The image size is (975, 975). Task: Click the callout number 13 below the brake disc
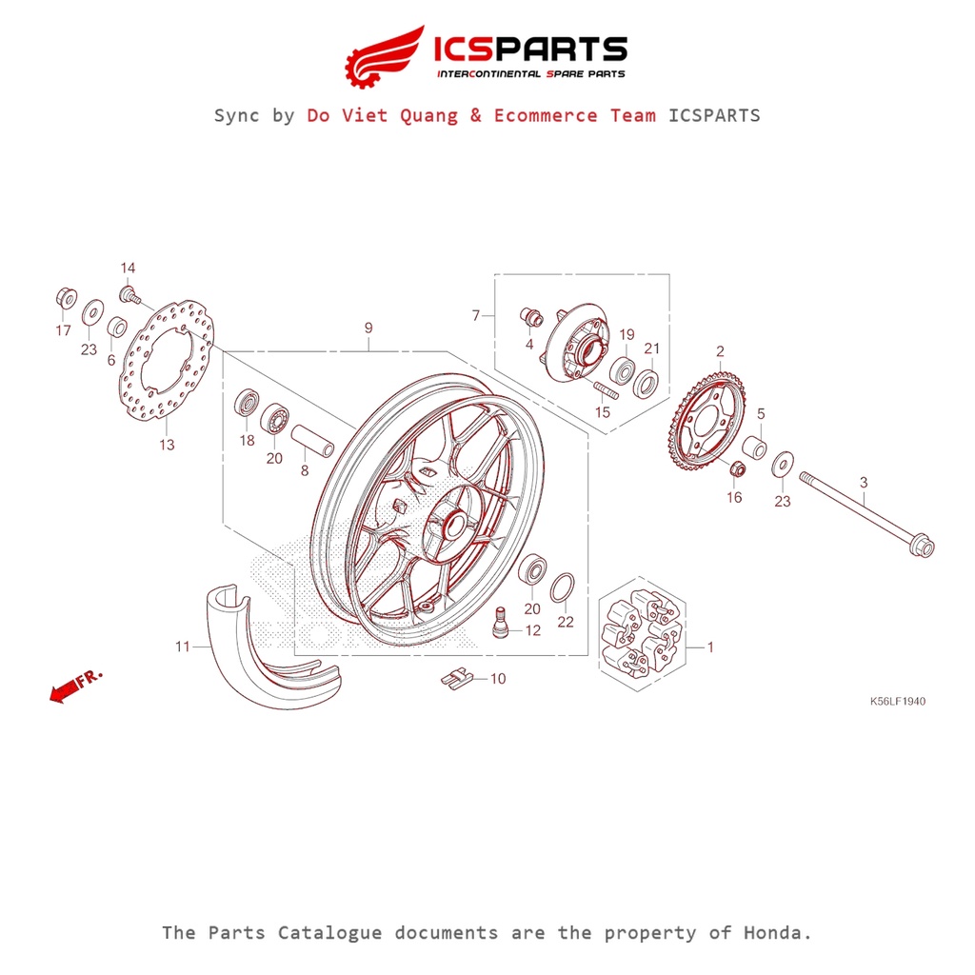[167, 445]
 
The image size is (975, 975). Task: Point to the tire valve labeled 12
[500, 625]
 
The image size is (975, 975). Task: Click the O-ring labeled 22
[564, 590]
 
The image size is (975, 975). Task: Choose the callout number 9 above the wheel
[368, 328]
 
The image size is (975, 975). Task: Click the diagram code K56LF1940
[897, 702]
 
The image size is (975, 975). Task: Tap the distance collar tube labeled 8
[312, 440]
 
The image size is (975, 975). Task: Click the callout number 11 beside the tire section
[182, 647]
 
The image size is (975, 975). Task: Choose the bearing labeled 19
[625, 370]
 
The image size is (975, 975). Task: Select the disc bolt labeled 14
[128, 292]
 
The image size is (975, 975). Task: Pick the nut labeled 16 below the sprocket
[735, 469]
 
